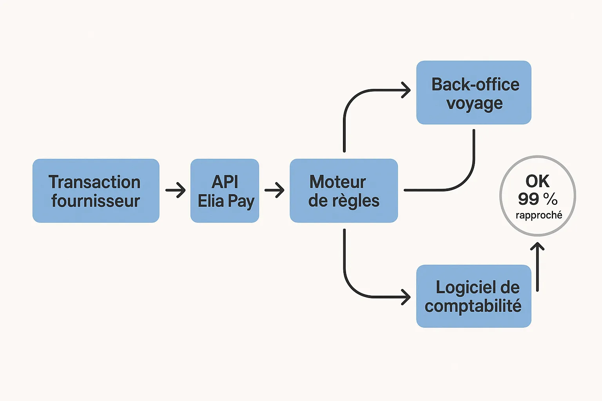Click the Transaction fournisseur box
point(96,191)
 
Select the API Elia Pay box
point(225,191)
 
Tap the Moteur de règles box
point(344,191)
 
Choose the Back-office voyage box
point(473,92)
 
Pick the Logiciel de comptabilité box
point(473,296)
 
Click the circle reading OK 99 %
point(538,196)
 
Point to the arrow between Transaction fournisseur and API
point(175,190)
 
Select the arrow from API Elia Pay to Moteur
point(274,190)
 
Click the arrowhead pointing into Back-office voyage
point(406,90)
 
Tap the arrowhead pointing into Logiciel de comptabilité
point(406,297)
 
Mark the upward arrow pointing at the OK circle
point(537,266)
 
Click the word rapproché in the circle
point(539,215)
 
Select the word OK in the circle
point(537,181)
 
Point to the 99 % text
point(538,199)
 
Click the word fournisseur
point(96,201)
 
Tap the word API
point(225,182)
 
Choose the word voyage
point(474,104)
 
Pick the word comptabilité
point(473,306)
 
